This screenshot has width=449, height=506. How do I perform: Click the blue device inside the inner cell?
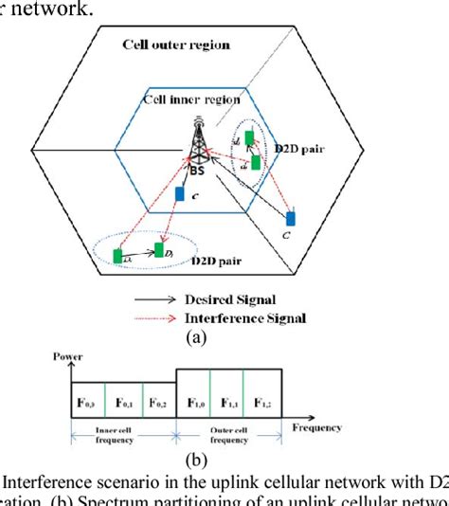pos(180,194)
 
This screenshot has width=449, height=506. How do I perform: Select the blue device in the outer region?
pos(291,219)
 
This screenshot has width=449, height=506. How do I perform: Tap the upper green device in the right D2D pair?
pos(249,139)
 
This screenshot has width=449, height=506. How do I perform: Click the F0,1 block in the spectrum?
pos(123,402)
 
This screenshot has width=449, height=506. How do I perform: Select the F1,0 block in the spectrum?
pos(193,402)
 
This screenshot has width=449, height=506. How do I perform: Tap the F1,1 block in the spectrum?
pos(228,402)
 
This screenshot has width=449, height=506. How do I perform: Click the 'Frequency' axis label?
pos(318,427)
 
